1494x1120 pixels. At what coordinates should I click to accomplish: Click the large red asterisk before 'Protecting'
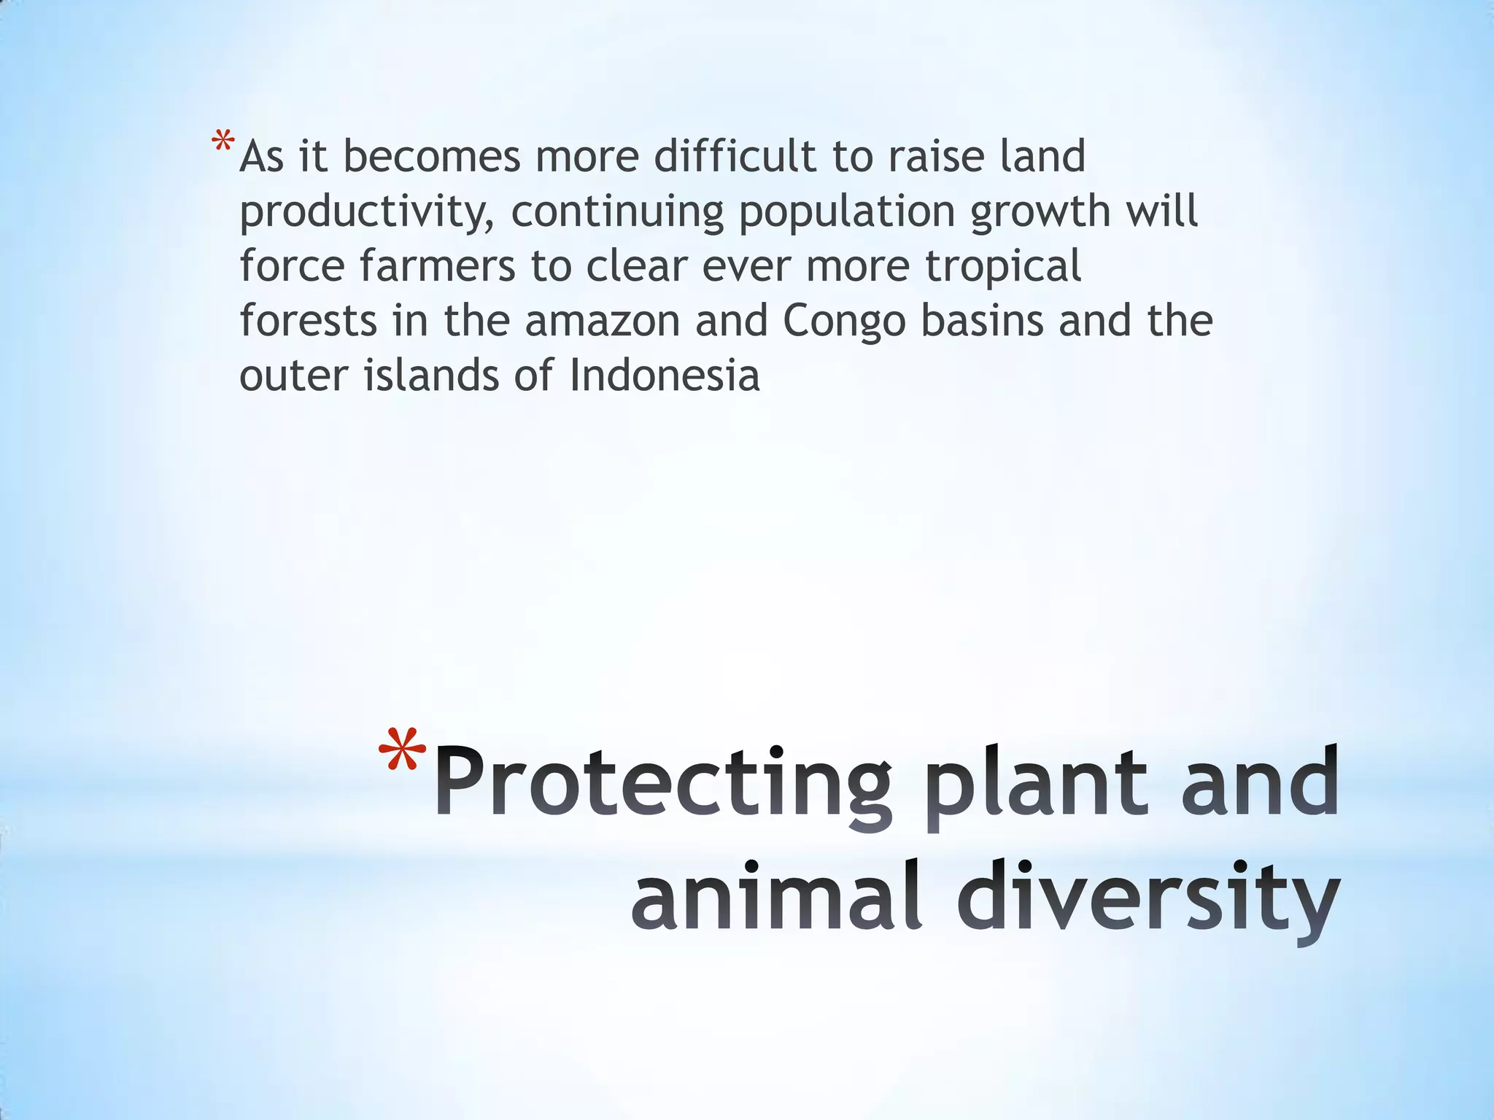click(403, 752)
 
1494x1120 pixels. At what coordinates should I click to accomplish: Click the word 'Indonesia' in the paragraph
click(665, 376)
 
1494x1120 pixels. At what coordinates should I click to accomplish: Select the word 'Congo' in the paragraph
click(844, 322)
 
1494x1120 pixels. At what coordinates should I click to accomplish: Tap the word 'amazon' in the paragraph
click(603, 321)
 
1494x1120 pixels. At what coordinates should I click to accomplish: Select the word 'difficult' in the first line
click(735, 157)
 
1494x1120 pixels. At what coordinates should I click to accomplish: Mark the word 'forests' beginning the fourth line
click(309, 321)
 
